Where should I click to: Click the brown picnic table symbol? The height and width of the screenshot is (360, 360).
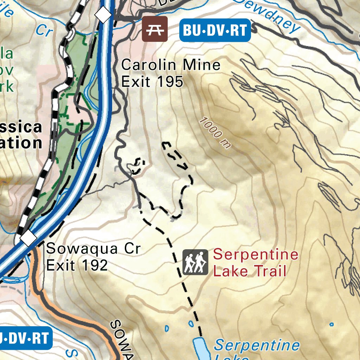pyautogui.click(x=155, y=29)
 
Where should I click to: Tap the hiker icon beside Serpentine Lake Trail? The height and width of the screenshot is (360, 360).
pyautogui.click(x=195, y=262)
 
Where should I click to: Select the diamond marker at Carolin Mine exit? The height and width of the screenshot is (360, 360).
pyautogui.click(x=104, y=15)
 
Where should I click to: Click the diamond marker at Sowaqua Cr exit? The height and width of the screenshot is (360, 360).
pyautogui.click(x=29, y=239)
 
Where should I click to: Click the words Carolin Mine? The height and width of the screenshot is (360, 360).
pyautogui.click(x=171, y=65)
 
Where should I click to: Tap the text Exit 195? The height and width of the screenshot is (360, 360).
pyautogui.click(x=152, y=82)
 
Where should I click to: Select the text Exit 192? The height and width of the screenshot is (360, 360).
pyautogui.click(x=77, y=265)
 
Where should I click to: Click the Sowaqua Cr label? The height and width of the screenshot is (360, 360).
pyautogui.click(x=93, y=249)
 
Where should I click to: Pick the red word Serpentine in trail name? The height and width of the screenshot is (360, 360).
pyautogui.click(x=256, y=255)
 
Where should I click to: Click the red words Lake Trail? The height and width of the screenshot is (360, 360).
pyautogui.click(x=250, y=271)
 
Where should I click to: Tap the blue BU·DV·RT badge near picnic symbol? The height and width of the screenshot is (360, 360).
pyautogui.click(x=215, y=31)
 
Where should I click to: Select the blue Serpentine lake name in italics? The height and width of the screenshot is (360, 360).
pyautogui.click(x=257, y=346)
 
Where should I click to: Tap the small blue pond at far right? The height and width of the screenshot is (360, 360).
pyautogui.click(x=331, y=324)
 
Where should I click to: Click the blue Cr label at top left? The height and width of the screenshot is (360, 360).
pyautogui.click(x=44, y=31)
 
